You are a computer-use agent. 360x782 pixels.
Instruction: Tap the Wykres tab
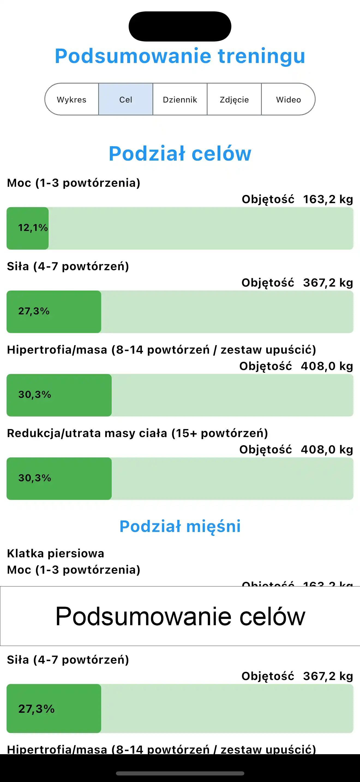(72, 100)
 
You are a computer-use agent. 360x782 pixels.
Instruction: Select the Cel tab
(126, 100)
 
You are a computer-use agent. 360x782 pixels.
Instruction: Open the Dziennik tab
(180, 100)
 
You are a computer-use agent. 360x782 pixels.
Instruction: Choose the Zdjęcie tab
(234, 100)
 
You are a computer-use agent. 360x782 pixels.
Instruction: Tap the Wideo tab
(288, 100)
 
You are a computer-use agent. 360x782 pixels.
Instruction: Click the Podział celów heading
(180, 153)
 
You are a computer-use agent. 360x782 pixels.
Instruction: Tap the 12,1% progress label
(33, 228)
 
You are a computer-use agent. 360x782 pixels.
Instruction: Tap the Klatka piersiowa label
(56, 554)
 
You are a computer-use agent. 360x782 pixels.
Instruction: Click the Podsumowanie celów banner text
(180, 616)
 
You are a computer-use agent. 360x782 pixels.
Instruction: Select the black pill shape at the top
(180, 26)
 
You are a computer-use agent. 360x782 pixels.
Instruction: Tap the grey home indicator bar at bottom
(180, 773)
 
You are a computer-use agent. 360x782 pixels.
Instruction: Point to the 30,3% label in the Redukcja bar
(35, 478)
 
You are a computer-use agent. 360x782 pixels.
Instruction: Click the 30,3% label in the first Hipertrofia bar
(35, 395)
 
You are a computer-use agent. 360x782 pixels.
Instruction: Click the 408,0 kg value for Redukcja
(327, 450)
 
